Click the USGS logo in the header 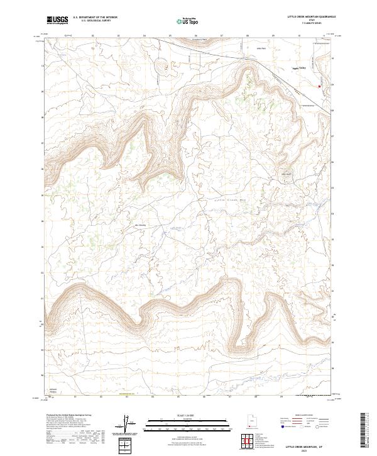58,20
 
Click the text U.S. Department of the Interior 95,17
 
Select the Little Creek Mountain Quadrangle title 312,17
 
